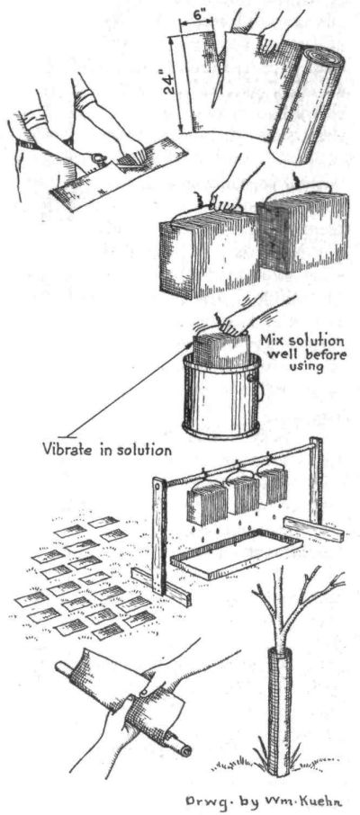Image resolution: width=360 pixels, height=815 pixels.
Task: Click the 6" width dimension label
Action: point(195,16)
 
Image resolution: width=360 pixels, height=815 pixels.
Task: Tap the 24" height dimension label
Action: point(168,82)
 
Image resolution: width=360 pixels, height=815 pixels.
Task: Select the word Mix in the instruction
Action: point(273,342)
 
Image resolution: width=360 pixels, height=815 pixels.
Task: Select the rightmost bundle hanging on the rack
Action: point(273,484)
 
